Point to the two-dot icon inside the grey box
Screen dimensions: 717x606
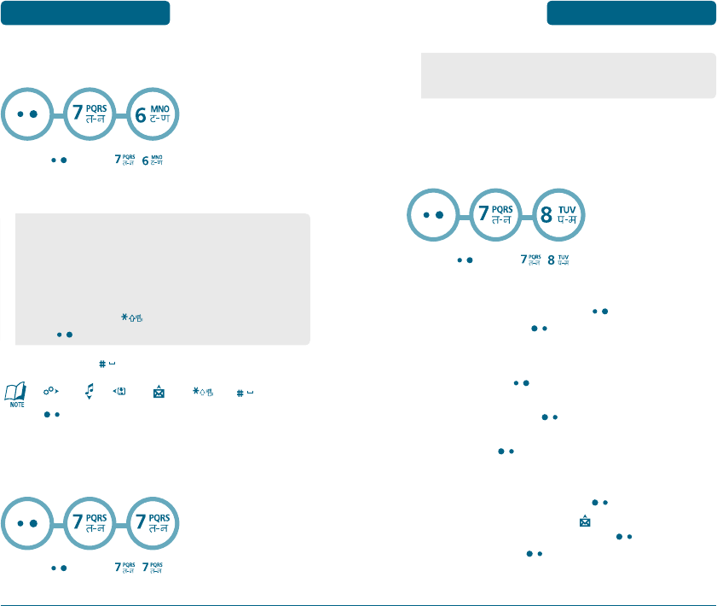(63, 334)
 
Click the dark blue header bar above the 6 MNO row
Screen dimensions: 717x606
(84, 13)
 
